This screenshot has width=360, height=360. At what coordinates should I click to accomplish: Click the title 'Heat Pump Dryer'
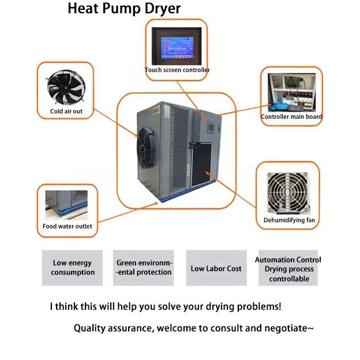(124, 9)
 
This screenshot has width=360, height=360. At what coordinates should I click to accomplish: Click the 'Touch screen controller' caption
(177, 70)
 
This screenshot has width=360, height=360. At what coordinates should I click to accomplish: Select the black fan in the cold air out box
(65, 86)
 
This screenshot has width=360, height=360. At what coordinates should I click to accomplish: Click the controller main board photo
(291, 92)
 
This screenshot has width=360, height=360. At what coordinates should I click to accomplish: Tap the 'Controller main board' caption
(291, 117)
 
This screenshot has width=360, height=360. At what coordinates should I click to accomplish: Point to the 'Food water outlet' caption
(67, 226)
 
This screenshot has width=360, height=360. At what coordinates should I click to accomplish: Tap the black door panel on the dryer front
(205, 160)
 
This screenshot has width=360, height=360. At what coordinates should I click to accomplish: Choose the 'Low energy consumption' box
(72, 268)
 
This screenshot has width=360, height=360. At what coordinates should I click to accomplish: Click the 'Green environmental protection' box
(144, 268)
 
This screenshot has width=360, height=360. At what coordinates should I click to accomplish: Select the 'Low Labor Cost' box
(216, 268)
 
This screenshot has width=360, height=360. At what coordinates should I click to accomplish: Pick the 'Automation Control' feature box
(288, 268)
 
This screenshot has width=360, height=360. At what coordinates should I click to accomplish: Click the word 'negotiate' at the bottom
(284, 329)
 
